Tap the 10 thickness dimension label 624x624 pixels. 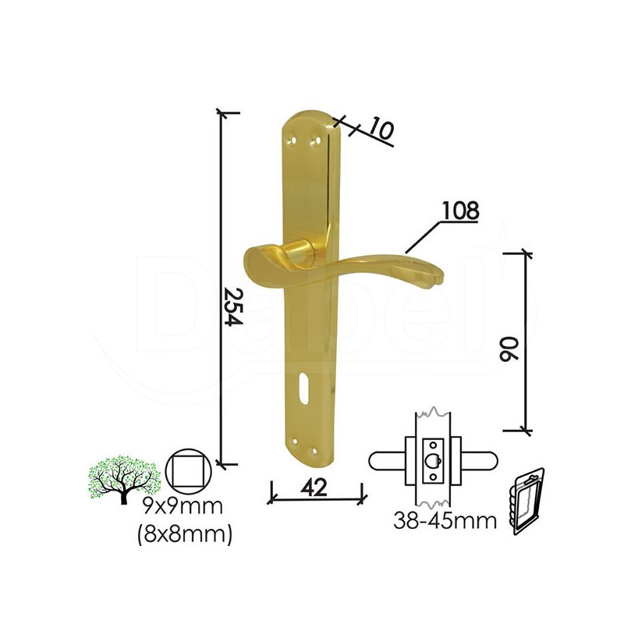click(x=381, y=129)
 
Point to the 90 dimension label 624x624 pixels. click(x=511, y=349)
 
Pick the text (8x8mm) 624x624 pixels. click(x=184, y=534)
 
